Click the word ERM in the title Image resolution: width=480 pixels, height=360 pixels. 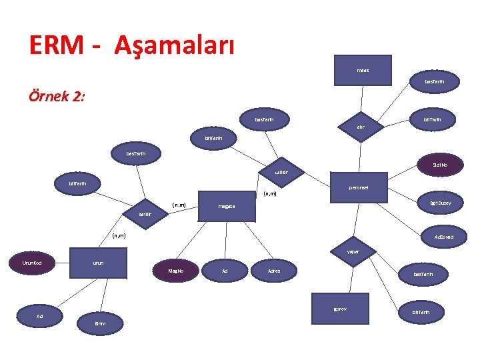[57, 45]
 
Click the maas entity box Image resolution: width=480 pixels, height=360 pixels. [363, 70]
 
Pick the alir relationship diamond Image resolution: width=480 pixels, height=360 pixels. [360, 126]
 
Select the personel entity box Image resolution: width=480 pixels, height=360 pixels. [358, 188]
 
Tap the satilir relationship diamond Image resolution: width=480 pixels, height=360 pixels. [145, 215]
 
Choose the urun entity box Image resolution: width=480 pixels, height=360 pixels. [99, 263]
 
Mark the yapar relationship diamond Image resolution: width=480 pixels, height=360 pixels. [353, 252]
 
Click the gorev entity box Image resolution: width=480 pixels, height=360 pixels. [340, 309]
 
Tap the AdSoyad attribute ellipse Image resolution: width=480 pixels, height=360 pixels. [443, 237]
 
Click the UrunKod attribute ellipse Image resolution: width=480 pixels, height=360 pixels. [32, 263]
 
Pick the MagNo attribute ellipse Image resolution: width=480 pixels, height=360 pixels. [175, 271]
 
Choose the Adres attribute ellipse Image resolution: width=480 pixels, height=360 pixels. [274, 271]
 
